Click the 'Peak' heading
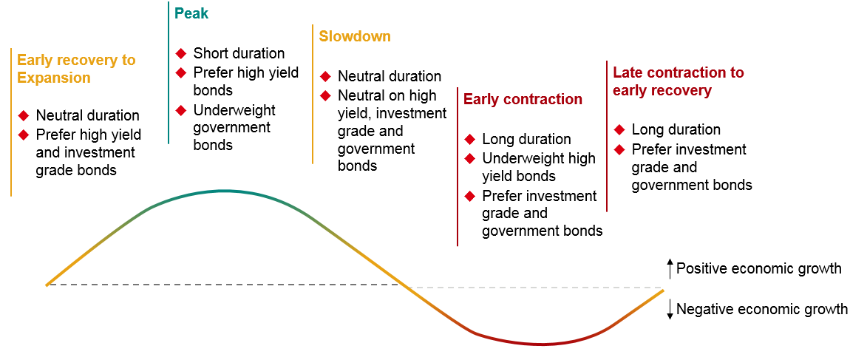tap(191, 13)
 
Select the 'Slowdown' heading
tap(355, 36)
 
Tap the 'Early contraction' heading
tap(523, 99)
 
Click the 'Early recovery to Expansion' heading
tap(76, 69)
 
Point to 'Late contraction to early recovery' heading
tap(679, 81)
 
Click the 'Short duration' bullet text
tap(239, 53)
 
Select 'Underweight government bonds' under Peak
tap(234, 127)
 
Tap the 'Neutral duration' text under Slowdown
tap(390, 76)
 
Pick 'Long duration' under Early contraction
tap(526, 139)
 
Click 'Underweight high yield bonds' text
tap(539, 167)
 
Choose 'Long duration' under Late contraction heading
tap(676, 129)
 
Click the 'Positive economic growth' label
tap(758, 268)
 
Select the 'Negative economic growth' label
tap(762, 309)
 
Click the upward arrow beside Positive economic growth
tap(670, 268)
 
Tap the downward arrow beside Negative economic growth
tap(670, 309)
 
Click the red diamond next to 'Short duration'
tap(180, 53)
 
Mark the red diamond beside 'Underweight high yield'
tap(469, 158)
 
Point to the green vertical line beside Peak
tap(169, 74)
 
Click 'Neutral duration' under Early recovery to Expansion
tap(87, 115)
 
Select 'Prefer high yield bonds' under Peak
tap(245, 81)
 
